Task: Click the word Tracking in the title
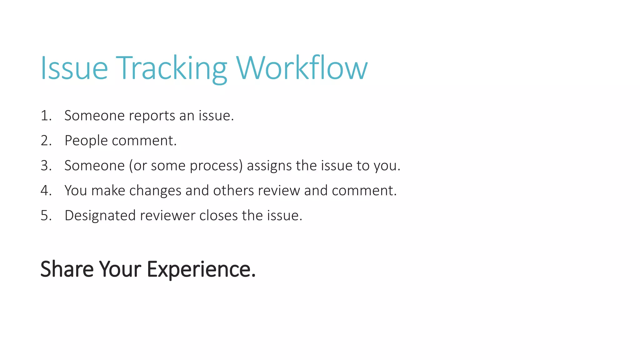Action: [x=171, y=68]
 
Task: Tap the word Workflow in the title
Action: [x=302, y=68]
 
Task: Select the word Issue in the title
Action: [x=74, y=68]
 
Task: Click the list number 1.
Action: [x=46, y=116]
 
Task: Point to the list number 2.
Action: [x=46, y=141]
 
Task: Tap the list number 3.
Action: [x=46, y=166]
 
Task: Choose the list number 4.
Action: [x=46, y=191]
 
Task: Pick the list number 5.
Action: [x=46, y=216]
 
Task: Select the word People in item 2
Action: [x=86, y=141]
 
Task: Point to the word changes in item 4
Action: [x=155, y=191]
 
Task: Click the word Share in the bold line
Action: [x=67, y=269]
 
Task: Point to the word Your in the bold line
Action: [x=120, y=269]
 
